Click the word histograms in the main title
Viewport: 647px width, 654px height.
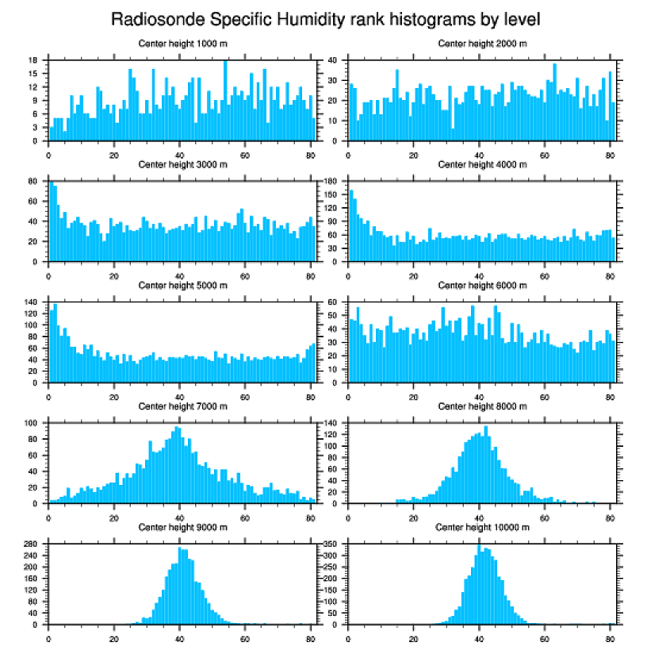435,18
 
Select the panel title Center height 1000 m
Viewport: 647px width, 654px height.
182,43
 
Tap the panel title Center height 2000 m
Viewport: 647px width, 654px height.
482,43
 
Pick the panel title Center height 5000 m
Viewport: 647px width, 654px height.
182,285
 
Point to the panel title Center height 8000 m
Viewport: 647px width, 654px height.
482,406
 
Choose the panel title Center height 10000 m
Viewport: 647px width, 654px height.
482,527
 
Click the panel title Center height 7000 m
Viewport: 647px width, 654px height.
182,406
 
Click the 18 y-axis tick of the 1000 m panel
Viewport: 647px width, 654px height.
35,60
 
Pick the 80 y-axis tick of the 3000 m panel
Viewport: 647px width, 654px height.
35,182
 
